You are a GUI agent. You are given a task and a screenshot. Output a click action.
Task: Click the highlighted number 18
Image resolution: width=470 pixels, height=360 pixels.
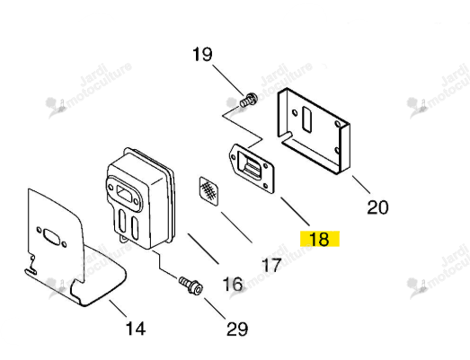point(320,239)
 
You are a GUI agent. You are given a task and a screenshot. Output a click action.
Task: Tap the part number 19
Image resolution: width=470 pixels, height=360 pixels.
point(202,54)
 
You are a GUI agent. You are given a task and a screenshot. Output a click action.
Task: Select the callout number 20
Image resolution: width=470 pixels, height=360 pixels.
point(377,207)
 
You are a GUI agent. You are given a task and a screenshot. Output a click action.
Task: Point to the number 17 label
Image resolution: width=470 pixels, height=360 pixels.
point(271,265)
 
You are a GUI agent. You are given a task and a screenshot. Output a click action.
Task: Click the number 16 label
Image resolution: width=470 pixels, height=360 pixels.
point(233,284)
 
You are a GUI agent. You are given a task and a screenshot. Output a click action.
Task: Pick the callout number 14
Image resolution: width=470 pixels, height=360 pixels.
point(136,329)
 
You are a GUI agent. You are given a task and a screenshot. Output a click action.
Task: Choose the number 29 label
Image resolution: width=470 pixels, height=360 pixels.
point(237,329)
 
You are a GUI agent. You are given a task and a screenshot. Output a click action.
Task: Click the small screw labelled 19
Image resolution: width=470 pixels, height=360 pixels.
point(249,100)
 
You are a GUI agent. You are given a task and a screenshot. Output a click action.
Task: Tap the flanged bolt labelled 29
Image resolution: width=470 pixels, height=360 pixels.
point(191,285)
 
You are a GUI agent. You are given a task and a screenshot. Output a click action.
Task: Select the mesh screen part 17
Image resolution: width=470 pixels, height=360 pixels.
point(208,191)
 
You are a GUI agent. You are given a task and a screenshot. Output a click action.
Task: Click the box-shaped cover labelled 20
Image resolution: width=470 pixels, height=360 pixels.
point(314,131)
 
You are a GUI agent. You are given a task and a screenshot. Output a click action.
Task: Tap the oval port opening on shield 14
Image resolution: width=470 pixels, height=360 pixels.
point(51,236)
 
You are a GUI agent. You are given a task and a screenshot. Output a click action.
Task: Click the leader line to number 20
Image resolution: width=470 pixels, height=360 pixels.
point(361,184)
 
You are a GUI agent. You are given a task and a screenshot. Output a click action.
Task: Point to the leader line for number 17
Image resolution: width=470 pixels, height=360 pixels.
point(236,227)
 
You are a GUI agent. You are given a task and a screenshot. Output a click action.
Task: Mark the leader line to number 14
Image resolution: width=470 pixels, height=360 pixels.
point(118,309)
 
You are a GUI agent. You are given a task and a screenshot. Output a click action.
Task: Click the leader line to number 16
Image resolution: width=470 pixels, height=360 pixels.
point(203,249)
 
